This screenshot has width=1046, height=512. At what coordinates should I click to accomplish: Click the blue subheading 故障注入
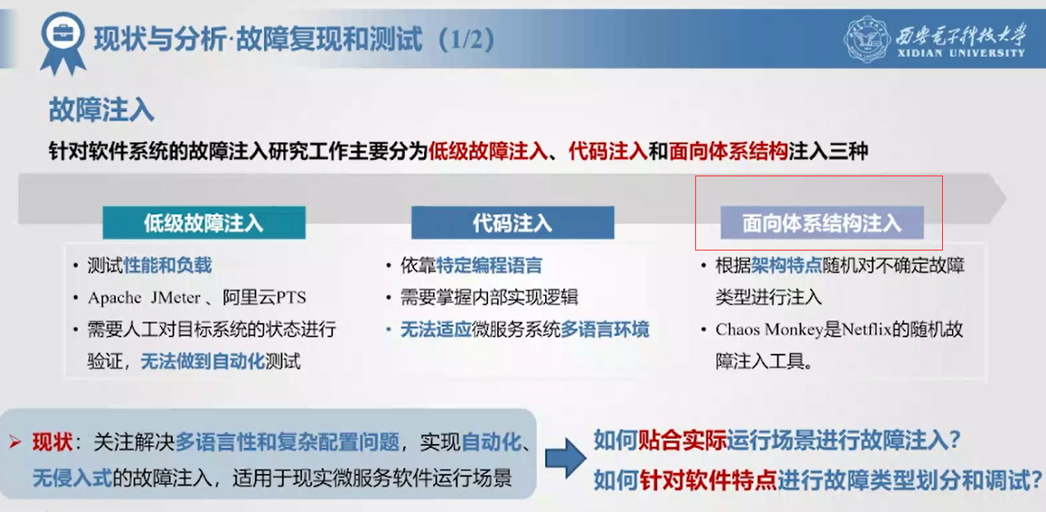pos(101,109)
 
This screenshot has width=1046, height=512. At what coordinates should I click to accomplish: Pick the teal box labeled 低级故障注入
pos(204,223)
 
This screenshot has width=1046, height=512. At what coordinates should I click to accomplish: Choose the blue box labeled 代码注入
pos(513,223)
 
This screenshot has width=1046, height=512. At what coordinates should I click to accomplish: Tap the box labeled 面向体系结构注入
pos(822,223)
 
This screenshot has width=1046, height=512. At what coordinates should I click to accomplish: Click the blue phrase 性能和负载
pos(168,266)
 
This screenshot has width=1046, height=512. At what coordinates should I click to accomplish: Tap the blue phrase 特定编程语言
pos(489,266)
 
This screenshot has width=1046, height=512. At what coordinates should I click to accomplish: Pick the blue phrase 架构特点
pos(777,266)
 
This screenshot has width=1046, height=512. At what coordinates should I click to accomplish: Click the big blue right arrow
pos(561,458)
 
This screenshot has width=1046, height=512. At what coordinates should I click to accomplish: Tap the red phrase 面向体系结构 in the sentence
pos(728,151)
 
